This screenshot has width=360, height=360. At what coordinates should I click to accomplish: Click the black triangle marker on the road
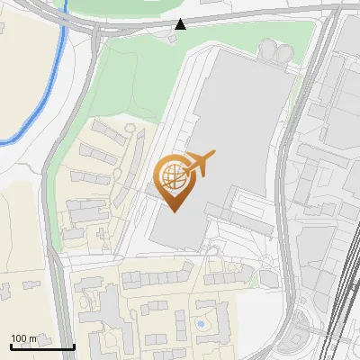[181, 23]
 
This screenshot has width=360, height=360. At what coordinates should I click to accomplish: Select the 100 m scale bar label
[23, 338]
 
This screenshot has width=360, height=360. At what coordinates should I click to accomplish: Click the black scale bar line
[41, 346]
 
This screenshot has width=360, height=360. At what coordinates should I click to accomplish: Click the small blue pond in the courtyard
[200, 321]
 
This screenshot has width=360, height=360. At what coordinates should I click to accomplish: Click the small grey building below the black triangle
[173, 38]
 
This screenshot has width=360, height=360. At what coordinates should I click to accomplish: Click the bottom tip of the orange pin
[175, 211]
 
